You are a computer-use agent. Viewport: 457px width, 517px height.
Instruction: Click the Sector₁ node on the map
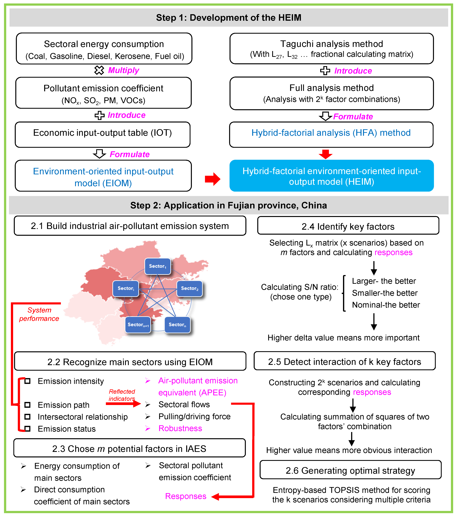click(x=157, y=266)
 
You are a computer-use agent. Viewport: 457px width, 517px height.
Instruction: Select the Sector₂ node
click(x=189, y=288)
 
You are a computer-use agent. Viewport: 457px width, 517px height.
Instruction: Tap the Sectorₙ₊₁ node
click(x=138, y=325)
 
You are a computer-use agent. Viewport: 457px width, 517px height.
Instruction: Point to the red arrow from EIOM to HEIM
click(x=213, y=179)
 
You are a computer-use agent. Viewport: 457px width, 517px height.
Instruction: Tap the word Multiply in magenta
click(x=124, y=70)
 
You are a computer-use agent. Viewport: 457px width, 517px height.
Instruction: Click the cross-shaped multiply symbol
click(x=99, y=70)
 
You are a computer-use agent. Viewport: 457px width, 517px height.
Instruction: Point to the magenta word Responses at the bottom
click(x=186, y=496)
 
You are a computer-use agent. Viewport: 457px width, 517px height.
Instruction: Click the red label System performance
click(x=39, y=314)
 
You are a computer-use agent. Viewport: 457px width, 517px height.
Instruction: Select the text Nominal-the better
click(x=386, y=305)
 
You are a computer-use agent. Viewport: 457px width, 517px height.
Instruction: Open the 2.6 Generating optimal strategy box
click(x=350, y=471)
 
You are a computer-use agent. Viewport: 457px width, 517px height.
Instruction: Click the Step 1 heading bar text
click(x=229, y=18)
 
